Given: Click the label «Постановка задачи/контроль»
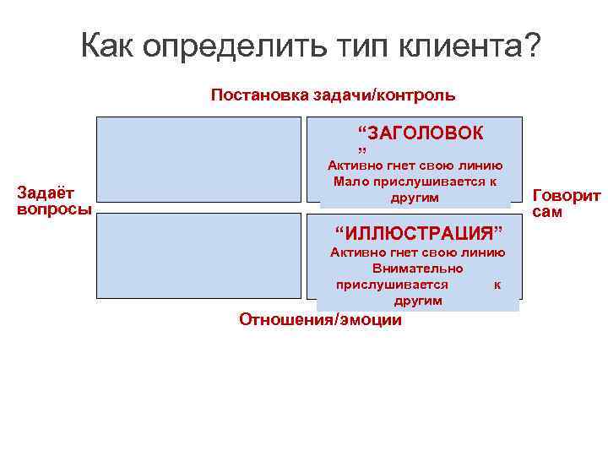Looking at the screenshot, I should pos(333,95).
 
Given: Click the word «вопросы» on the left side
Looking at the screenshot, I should pos(55,209).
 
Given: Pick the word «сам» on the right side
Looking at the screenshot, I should pos(548,212).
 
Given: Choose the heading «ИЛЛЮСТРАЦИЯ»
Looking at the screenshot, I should pos(419,232).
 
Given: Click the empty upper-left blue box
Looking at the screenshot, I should pos(198,159).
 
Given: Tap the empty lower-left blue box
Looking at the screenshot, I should pos(198,256).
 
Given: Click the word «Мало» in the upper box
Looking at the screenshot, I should pos(350,182).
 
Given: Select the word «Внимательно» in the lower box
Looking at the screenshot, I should pos(417,269).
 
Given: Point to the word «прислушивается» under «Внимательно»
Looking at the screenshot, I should pos(392,285).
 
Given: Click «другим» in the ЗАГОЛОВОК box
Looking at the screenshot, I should pos(415,198).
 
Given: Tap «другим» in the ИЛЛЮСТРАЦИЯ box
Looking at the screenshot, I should pos(417,301).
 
